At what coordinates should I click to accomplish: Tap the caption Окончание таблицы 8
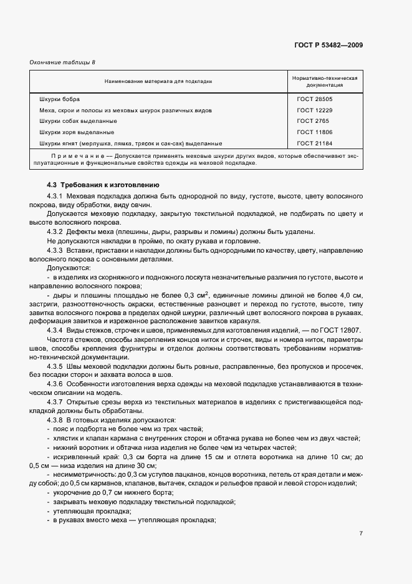tap(62, 62)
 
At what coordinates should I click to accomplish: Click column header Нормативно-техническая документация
tap(323, 81)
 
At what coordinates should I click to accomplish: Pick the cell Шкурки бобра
tap(59, 99)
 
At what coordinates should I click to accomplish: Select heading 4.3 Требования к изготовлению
tap(103, 185)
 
